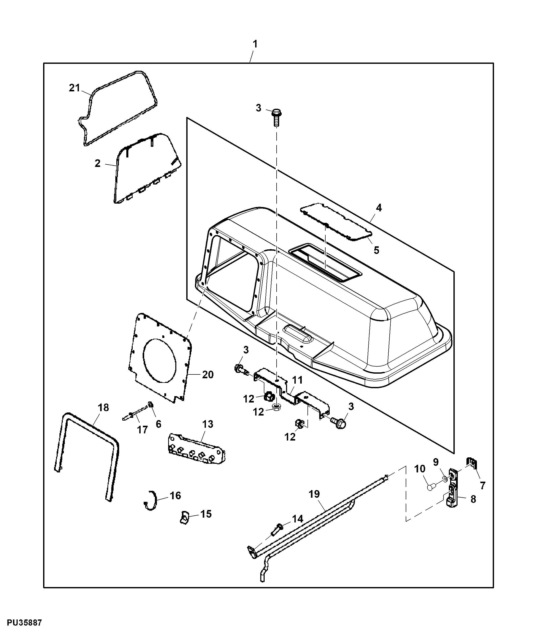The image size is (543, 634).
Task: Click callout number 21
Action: point(74,88)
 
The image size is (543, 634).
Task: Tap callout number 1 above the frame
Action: point(255,44)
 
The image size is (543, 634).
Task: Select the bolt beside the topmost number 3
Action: point(276,117)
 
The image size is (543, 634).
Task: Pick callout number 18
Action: point(103,407)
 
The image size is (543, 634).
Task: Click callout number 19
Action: point(314,494)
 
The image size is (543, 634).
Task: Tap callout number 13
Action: point(208,424)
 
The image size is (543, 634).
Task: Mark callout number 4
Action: point(379,208)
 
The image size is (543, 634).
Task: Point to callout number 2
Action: point(97,163)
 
